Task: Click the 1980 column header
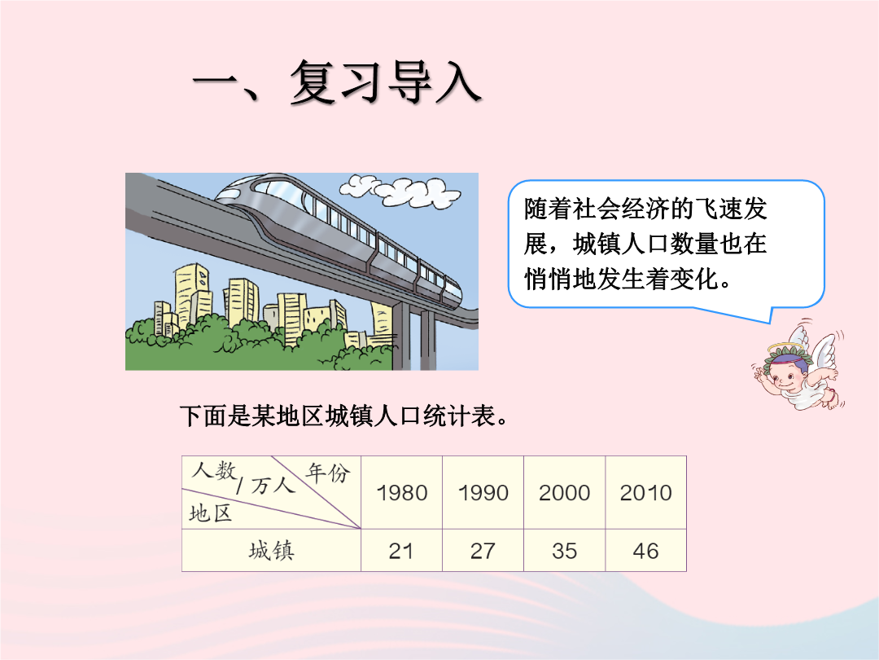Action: [x=402, y=493]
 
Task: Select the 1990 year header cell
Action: [x=483, y=493]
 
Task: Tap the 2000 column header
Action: [x=565, y=493]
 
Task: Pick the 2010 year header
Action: [x=645, y=493]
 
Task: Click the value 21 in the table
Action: [x=401, y=551]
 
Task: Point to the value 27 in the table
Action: [x=483, y=551]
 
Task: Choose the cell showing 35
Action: [x=565, y=551]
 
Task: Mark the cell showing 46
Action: [x=645, y=551]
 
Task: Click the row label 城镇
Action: [x=271, y=551]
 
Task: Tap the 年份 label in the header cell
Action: [x=328, y=473]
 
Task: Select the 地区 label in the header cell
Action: [x=210, y=513]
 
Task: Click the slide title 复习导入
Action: [x=386, y=82]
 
